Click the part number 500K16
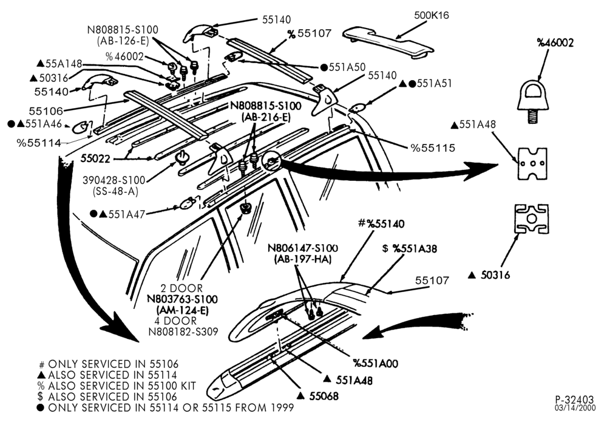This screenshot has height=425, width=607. click(431, 15)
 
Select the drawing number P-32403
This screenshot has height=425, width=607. click(574, 399)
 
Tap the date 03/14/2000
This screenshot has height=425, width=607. click(575, 407)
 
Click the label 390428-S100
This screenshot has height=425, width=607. click(114, 180)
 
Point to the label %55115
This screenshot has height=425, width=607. click(433, 148)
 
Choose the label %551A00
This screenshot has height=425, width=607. click(376, 363)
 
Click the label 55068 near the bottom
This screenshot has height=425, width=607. click(324, 396)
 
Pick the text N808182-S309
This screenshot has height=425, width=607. click(183, 331)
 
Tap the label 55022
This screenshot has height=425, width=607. click(96, 158)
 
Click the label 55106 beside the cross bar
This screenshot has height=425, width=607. click(46, 111)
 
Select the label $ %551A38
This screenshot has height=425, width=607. click(409, 248)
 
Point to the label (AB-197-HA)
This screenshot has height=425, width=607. click(302, 259)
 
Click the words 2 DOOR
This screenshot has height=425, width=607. click(181, 288)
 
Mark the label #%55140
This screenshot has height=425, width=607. click(381, 223)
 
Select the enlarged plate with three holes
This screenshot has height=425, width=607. click(532, 164)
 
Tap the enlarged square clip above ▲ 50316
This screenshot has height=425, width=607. click(531, 219)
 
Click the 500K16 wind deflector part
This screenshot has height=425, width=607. click(387, 42)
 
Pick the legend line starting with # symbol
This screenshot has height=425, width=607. click(109, 364)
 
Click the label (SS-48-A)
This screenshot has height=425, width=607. click(116, 191)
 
